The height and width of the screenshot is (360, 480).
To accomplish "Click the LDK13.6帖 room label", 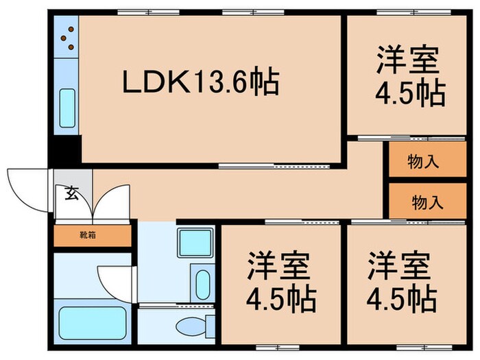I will [200, 83].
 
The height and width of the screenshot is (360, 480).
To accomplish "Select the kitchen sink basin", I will [67, 108].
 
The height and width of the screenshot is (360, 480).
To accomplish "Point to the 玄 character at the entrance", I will [71, 193].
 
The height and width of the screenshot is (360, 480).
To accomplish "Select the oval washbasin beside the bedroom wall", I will [202, 283].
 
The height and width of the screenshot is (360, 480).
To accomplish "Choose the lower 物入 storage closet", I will [427, 202].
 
